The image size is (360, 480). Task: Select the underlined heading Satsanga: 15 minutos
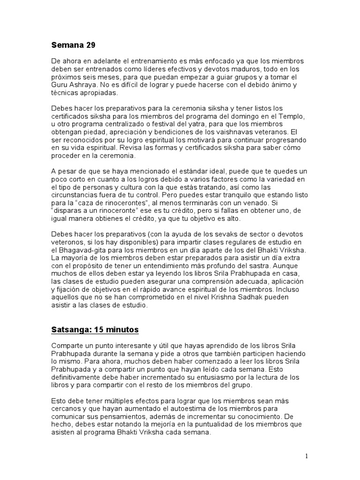[x=95, y=330]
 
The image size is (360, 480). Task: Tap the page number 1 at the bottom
[x=306, y=456]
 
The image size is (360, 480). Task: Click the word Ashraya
[x=84, y=85]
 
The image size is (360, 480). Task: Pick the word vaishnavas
[x=223, y=132]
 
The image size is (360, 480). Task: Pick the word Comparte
[x=67, y=345]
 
